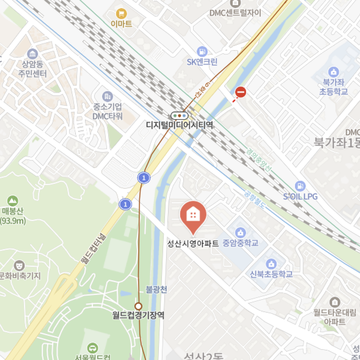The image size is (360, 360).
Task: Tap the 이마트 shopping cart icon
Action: [121, 14]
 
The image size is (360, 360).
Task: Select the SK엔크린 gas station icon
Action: [202, 52]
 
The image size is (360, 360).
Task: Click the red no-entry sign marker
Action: [241, 92]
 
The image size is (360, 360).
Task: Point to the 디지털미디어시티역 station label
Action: [180, 125]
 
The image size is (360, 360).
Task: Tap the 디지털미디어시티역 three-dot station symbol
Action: [180, 115]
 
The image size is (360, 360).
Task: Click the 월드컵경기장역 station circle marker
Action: [139, 306]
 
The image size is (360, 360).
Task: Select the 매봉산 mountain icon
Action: [13, 201]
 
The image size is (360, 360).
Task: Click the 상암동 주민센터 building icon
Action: [32, 54]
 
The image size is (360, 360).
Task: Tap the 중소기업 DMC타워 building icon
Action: [107, 96]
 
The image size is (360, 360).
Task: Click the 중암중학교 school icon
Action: [240, 232]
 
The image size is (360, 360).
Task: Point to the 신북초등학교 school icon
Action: [271, 263]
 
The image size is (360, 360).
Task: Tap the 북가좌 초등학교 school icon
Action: [333, 72]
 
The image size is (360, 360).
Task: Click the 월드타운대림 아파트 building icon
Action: [335, 302]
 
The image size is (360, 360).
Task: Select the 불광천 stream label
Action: [156, 290]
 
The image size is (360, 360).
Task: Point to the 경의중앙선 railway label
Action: [259, 160]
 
